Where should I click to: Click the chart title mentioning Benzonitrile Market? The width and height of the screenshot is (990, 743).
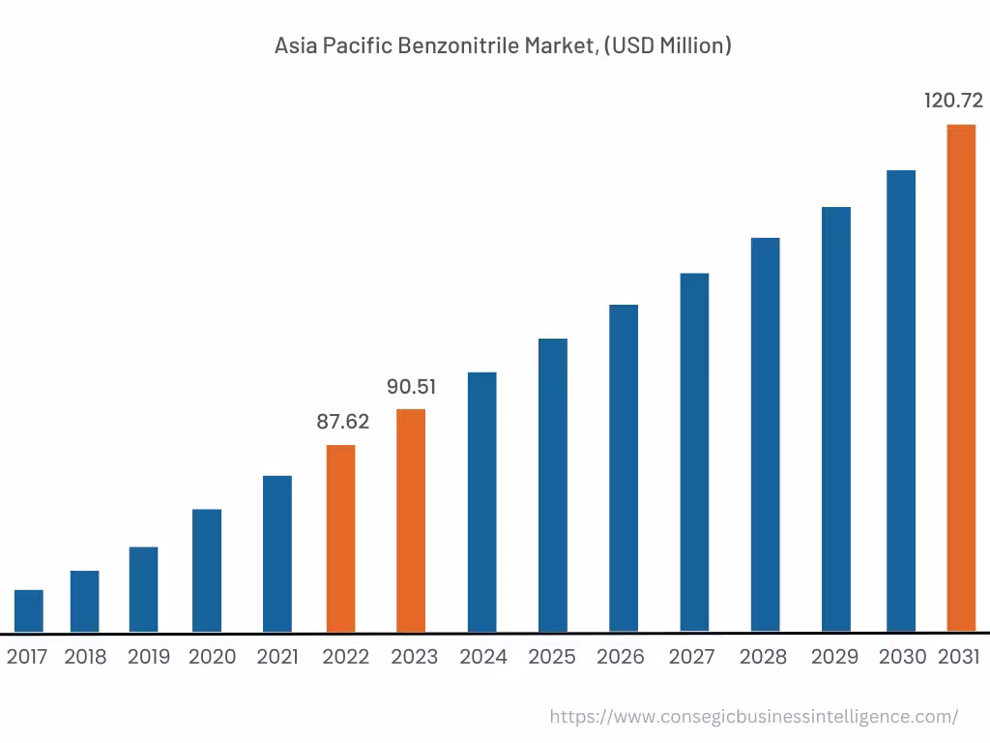pyautogui.click(x=503, y=45)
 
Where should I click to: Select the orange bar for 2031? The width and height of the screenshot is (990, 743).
pyautogui.click(x=960, y=377)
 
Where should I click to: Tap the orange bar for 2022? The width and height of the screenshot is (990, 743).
pyautogui.click(x=340, y=538)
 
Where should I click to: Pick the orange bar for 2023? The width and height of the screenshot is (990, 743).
pyautogui.click(x=411, y=520)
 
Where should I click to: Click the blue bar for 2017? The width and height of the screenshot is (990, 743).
pyautogui.click(x=29, y=610)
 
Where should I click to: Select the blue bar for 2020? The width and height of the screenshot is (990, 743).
pyautogui.click(x=207, y=571)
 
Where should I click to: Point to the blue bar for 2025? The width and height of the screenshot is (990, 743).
pyautogui.click(x=553, y=486)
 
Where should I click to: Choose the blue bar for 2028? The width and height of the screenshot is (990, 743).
pyautogui.click(x=765, y=434)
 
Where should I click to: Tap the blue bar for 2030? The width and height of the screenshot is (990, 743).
pyautogui.click(x=901, y=401)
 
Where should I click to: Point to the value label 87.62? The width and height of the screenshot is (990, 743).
pyautogui.click(x=343, y=422)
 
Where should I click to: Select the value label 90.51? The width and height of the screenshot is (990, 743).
pyautogui.click(x=411, y=387)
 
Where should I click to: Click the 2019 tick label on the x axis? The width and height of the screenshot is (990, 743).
pyautogui.click(x=148, y=657)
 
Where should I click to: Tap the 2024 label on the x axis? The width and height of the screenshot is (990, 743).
pyautogui.click(x=483, y=657)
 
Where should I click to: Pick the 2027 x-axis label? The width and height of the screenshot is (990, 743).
pyautogui.click(x=691, y=657)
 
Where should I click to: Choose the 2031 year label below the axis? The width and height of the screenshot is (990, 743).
pyautogui.click(x=959, y=657)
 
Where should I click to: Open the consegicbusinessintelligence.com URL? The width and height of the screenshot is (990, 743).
pyautogui.click(x=753, y=717)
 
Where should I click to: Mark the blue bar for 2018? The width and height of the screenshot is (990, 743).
pyautogui.click(x=84, y=601)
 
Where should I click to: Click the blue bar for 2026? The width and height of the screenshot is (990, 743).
pyautogui.click(x=624, y=468)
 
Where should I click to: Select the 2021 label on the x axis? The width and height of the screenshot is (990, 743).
pyautogui.click(x=277, y=657)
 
